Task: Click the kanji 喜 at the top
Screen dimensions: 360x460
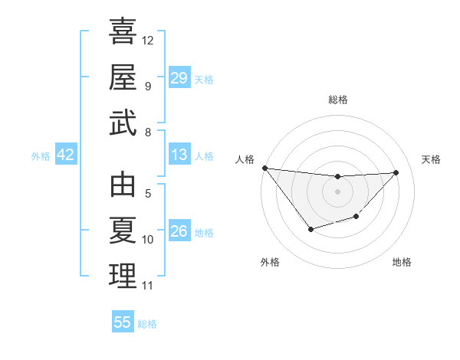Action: pos(123,33)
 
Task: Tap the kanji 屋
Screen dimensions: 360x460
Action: pos(123,77)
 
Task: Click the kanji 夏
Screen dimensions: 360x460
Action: pos(123,231)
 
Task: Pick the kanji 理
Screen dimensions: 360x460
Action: pos(123,276)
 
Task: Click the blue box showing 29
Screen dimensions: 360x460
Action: pos(179,78)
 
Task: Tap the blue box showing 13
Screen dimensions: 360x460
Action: pos(179,155)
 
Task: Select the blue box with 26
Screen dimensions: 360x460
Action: pos(179,232)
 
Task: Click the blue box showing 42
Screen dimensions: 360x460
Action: pos(66,155)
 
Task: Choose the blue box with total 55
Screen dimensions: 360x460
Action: pos(123,322)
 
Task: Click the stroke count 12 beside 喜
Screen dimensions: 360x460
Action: pos(148,40)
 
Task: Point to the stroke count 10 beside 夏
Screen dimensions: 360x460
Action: pos(148,240)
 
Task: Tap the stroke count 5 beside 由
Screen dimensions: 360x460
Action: pos(147,194)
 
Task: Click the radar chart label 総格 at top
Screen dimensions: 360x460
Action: pos(337,100)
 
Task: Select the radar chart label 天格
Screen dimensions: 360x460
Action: pos(431,159)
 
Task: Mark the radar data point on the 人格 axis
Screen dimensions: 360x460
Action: pos(265,168)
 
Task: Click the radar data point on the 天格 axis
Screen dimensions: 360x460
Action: pos(396,172)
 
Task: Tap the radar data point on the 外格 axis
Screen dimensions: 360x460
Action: pos(310,229)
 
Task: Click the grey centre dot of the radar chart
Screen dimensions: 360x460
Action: pos(337,191)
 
